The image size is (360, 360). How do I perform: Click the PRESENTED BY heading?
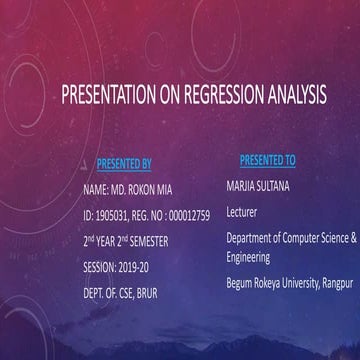[x=124, y=162]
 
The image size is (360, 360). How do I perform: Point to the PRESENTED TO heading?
[x=267, y=159]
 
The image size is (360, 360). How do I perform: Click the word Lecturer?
[x=243, y=212]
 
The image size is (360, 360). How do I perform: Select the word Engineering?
[x=249, y=256]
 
